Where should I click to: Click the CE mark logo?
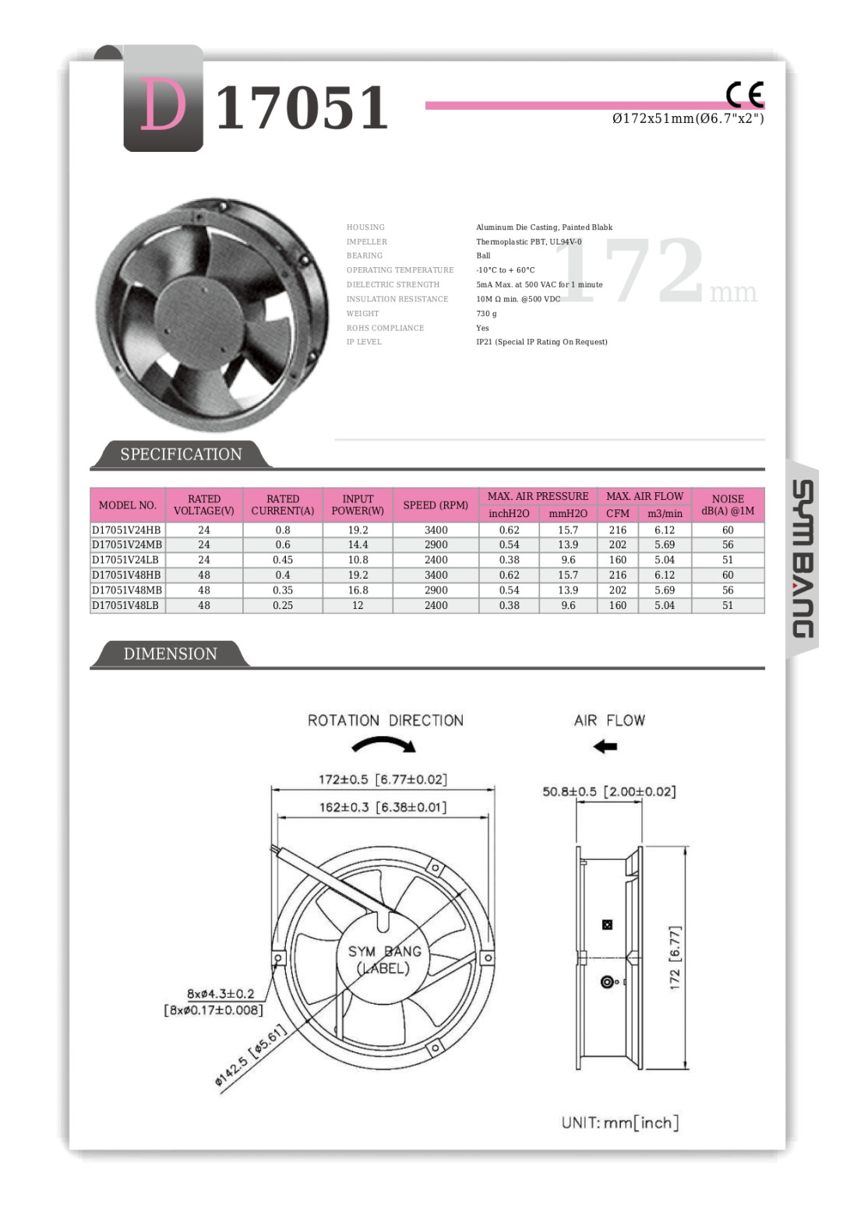click(745, 94)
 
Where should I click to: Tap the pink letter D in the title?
click(164, 106)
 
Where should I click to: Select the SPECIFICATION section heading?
click(181, 454)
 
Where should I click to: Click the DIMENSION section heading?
click(170, 653)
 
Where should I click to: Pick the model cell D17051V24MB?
click(127, 544)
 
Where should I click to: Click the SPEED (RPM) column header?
click(436, 505)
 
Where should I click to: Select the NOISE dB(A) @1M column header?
click(728, 505)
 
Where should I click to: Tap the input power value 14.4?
click(358, 544)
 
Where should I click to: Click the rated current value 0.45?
click(283, 559)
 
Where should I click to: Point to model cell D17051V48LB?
click(125, 605)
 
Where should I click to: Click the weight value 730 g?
click(486, 313)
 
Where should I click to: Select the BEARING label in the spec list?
click(365, 255)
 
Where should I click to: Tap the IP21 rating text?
click(541, 342)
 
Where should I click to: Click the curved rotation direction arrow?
click(384, 745)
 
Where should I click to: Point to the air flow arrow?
click(605, 746)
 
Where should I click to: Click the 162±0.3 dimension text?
click(383, 807)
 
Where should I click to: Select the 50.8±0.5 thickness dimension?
click(608, 791)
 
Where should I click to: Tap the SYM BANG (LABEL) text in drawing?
click(384, 959)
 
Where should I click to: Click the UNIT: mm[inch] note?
click(620, 1122)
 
